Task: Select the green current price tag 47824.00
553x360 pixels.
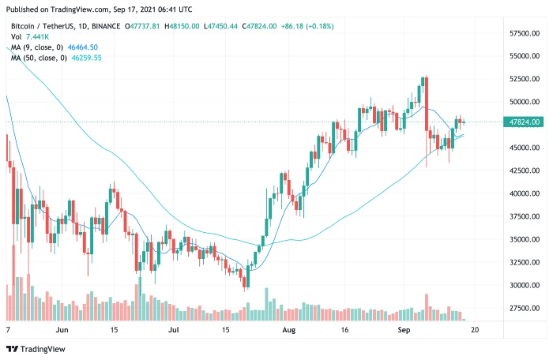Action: click(525, 122)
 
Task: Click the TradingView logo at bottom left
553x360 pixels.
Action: click(38, 348)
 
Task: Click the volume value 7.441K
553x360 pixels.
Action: click(39, 36)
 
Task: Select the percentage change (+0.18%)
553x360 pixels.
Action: click(336, 25)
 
